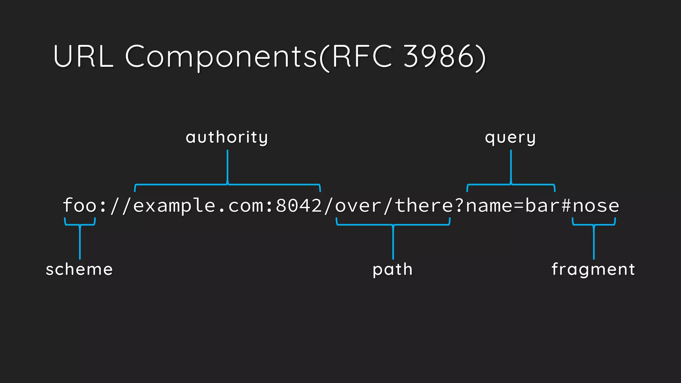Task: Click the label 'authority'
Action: pos(227,137)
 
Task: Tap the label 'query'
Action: pos(510,137)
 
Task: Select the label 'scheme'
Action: pos(79,269)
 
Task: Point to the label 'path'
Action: pos(392,269)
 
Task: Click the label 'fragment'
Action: pos(593,269)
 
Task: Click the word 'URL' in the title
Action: pos(83,57)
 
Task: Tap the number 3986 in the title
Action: pos(439,57)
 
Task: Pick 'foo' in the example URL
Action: pos(80,205)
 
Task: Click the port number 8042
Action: pos(299,205)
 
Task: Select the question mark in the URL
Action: pos(459,205)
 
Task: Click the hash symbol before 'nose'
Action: pos(566,205)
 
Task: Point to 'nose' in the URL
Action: pos(596,206)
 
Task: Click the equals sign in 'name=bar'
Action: pos(519,206)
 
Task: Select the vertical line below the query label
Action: pos(511,166)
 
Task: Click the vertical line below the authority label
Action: pos(227,166)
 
